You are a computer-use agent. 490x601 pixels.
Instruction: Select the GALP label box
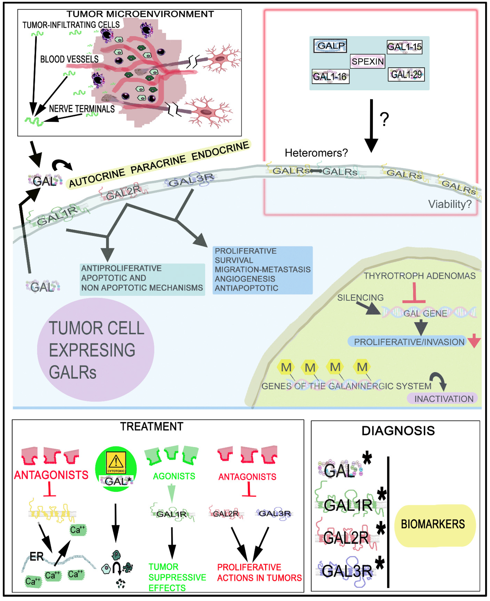tap(330, 46)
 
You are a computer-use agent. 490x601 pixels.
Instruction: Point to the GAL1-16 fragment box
tap(330, 76)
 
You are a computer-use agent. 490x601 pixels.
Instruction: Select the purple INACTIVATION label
tap(443, 398)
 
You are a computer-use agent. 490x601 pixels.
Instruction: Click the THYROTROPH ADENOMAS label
tap(419, 276)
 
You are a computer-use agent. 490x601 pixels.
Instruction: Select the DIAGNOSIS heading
tap(398, 431)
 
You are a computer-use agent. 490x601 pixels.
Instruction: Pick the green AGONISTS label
tap(174, 476)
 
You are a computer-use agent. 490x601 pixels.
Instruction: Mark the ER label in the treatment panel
tap(37, 556)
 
